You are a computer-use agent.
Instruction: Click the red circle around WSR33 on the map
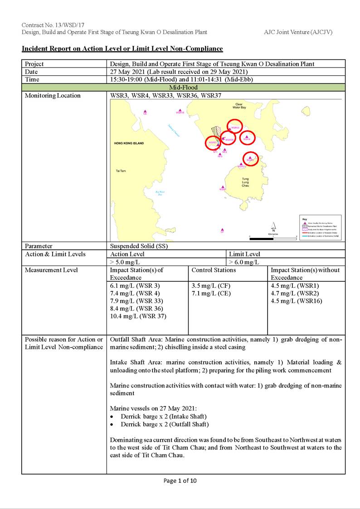pyautogui.click(x=234, y=127)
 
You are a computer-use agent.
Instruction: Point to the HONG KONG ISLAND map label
pyautogui.click(x=129, y=143)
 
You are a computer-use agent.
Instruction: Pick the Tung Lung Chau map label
pyautogui.click(x=245, y=182)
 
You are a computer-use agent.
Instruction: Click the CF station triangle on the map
pyautogui.click(x=222, y=230)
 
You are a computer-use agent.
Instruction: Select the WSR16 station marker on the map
pyautogui.click(x=180, y=110)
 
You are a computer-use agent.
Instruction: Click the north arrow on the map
pyautogui.click(x=273, y=226)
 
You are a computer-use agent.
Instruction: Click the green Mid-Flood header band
pyautogui.click(x=183, y=87)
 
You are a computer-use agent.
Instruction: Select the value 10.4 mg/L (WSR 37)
pyautogui.click(x=138, y=316)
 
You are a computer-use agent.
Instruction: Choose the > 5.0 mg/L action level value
pyautogui.click(x=125, y=262)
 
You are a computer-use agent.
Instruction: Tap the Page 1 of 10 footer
pyautogui.click(x=180, y=481)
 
